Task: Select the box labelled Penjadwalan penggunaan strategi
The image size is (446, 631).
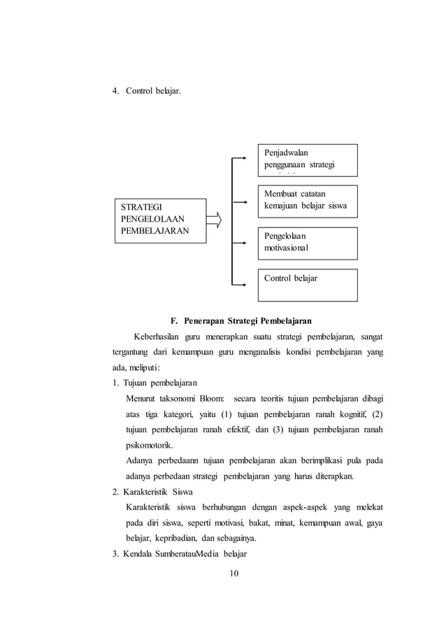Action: [308, 160]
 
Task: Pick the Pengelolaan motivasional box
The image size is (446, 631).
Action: [308, 242]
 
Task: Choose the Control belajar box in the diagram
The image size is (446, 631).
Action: [308, 285]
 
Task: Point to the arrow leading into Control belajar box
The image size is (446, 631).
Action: [239, 285]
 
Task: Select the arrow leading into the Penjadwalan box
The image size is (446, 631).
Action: [239, 157]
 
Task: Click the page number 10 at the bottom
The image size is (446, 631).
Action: [234, 574]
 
